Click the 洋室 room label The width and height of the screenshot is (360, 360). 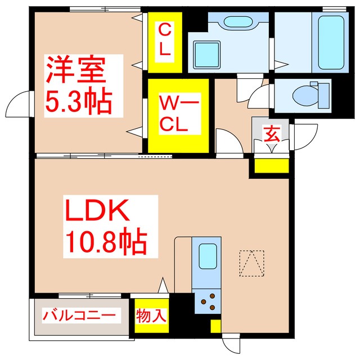point(75,71)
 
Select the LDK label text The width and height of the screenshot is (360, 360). point(100,213)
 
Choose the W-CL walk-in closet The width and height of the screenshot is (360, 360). point(178,114)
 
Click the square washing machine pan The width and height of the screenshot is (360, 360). point(206,54)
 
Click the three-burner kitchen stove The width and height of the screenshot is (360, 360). point(208,302)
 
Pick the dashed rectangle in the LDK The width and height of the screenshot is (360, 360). point(251,263)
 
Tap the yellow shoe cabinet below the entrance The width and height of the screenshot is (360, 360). point(271,166)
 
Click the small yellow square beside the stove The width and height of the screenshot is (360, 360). point(215,326)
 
